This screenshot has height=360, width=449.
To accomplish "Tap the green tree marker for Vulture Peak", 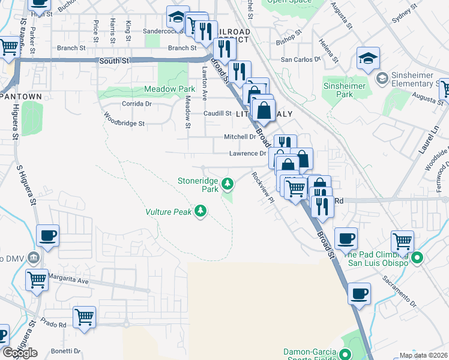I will coord(201,211).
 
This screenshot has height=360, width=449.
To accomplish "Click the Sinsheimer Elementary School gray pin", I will coord(381,79).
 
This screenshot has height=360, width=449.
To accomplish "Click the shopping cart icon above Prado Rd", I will coord(84,317).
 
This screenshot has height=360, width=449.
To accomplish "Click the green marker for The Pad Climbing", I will coord(420,259).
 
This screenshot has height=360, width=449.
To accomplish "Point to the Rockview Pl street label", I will coord(263,187).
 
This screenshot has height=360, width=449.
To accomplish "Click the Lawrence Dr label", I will coord(247,154).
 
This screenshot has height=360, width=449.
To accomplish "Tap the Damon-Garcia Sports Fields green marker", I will coord(345,354).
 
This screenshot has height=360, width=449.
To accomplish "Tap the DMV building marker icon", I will coord(34,258).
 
